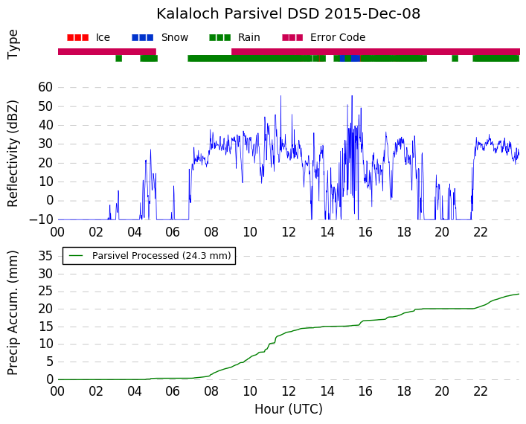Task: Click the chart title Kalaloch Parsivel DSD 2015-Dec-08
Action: click(288, 13)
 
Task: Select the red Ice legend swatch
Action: click(78, 38)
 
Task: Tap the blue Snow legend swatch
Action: click(143, 38)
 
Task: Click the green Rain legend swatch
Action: click(219, 38)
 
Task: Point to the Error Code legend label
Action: click(338, 37)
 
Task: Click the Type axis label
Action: click(13, 45)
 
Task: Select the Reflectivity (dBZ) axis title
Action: click(13, 153)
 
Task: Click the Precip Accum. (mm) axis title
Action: click(13, 312)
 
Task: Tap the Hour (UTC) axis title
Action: click(289, 409)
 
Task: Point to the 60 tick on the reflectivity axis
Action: click(45, 87)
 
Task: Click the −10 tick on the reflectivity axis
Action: click(41, 219)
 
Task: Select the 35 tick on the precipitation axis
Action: click(45, 257)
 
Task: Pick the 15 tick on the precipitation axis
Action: click(45, 327)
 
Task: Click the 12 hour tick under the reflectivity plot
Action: click(289, 232)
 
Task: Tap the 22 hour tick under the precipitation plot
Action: click(481, 391)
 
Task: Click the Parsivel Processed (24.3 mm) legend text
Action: click(161, 256)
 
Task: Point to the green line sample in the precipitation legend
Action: click(76, 256)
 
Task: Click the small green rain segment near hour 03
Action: click(119, 58)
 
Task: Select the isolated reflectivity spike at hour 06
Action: click(174, 202)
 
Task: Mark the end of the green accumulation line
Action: click(519, 294)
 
